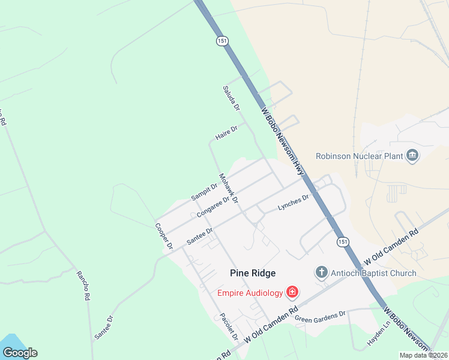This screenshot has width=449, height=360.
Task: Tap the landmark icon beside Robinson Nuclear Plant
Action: [x=412, y=156]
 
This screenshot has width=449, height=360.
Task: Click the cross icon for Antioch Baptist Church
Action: [x=322, y=273]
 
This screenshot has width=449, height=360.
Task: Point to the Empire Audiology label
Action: [x=250, y=293]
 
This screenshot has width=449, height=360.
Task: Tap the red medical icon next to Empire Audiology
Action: [x=292, y=293]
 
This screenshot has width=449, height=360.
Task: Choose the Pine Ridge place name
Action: [x=253, y=273]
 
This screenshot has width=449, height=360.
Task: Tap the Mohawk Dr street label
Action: [x=229, y=188]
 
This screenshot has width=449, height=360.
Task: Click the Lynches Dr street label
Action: [x=293, y=202]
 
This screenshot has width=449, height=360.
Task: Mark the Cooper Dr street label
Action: [x=163, y=236]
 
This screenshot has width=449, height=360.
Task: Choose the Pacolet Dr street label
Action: [x=229, y=326]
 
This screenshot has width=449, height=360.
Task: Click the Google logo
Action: [x=20, y=352]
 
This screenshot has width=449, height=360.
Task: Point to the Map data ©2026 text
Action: [x=424, y=355]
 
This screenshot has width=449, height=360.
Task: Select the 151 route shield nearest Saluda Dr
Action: [x=222, y=41]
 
